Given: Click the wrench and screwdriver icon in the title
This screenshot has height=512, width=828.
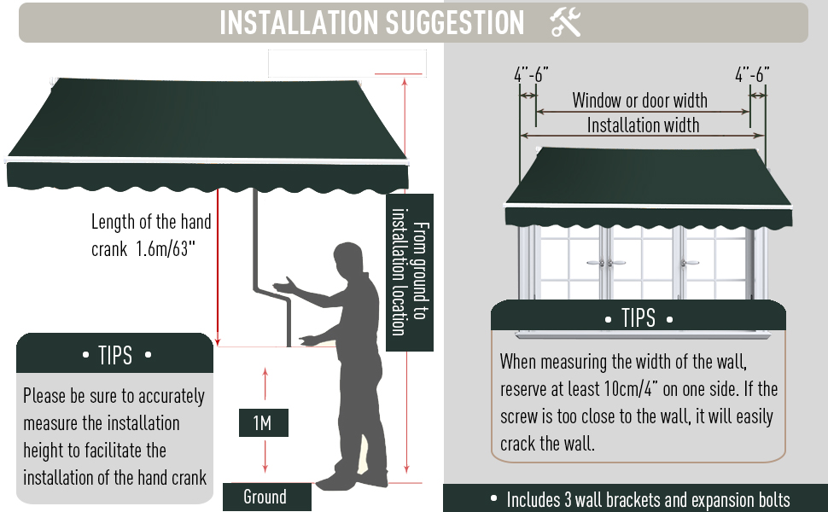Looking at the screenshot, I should pyautogui.click(x=565, y=23).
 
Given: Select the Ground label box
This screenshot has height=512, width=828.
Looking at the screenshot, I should pyautogui.click(x=265, y=497).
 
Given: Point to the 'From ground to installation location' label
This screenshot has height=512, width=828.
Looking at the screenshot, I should pyautogui.click(x=410, y=272).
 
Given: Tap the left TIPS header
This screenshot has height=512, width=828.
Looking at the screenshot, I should pyautogui.click(x=115, y=354).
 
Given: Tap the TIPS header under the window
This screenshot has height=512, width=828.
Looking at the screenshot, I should pyautogui.click(x=638, y=319).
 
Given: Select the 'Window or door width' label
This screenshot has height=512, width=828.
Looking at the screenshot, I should pyautogui.click(x=639, y=101).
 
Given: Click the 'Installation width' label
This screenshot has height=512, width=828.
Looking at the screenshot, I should pyautogui.click(x=643, y=125).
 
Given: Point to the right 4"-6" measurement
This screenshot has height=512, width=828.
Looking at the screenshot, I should pyautogui.click(x=752, y=74).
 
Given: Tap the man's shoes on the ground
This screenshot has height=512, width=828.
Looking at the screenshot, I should pyautogui.click(x=341, y=477).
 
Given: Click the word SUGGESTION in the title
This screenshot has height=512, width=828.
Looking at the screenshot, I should pyautogui.click(x=455, y=23).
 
